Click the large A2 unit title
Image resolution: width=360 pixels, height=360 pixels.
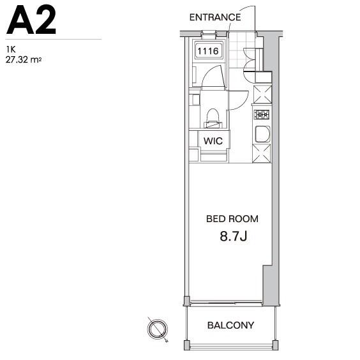[31, 20]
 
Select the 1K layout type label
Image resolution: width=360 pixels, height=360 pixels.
[11, 49]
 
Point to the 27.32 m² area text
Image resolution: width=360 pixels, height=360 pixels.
[24, 60]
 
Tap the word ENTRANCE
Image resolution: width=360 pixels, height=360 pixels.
[215, 17]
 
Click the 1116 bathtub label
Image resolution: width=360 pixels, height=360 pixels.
[208, 51]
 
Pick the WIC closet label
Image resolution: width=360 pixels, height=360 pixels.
[213, 140]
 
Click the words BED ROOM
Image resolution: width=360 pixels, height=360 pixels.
[232, 219]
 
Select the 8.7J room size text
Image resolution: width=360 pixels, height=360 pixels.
[233, 236]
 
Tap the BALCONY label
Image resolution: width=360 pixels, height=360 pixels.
[230, 325]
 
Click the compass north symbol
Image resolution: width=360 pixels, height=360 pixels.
[158, 329]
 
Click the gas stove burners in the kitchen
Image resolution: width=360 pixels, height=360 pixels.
[262, 114]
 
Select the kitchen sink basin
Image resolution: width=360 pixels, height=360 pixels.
[262, 134]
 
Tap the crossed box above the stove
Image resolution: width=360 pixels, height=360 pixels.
[262, 94]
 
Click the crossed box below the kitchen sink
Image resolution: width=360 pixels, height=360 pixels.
[262, 153]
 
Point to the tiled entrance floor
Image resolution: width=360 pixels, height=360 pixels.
[242, 50]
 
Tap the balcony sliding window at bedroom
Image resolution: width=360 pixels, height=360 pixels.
[226, 304]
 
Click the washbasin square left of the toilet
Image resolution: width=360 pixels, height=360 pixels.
[195, 100]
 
